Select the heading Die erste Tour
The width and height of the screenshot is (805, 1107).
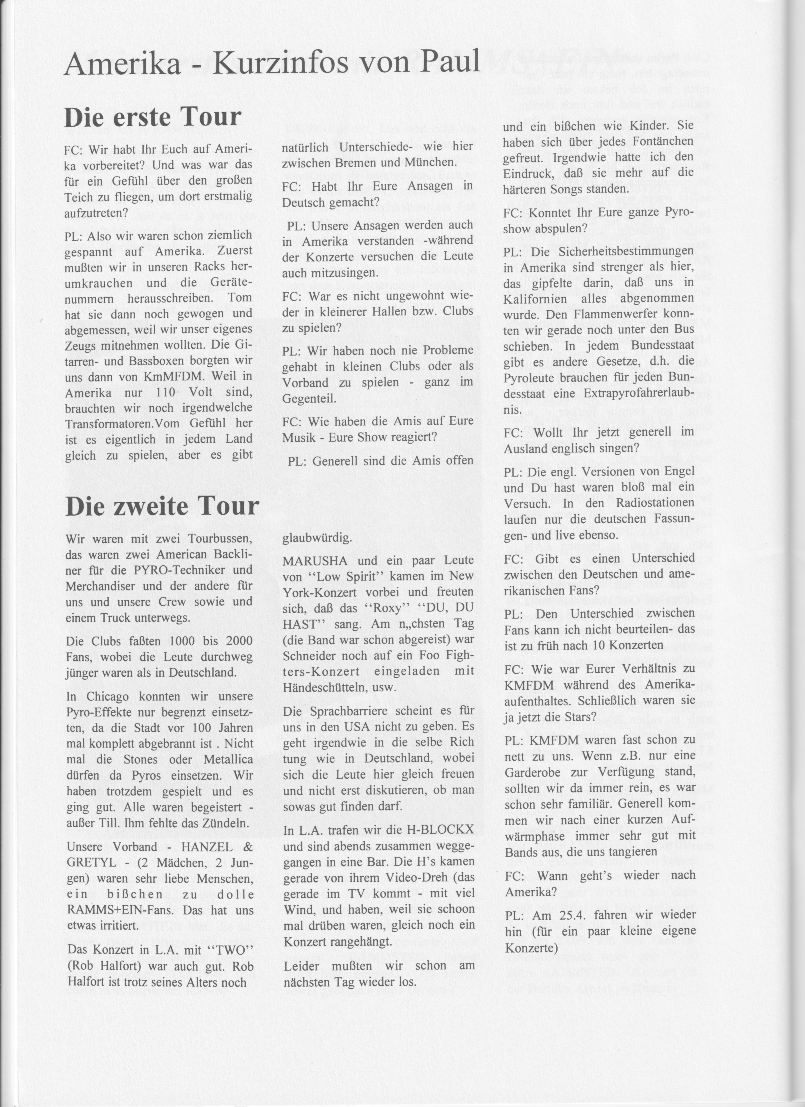tap(153, 117)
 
